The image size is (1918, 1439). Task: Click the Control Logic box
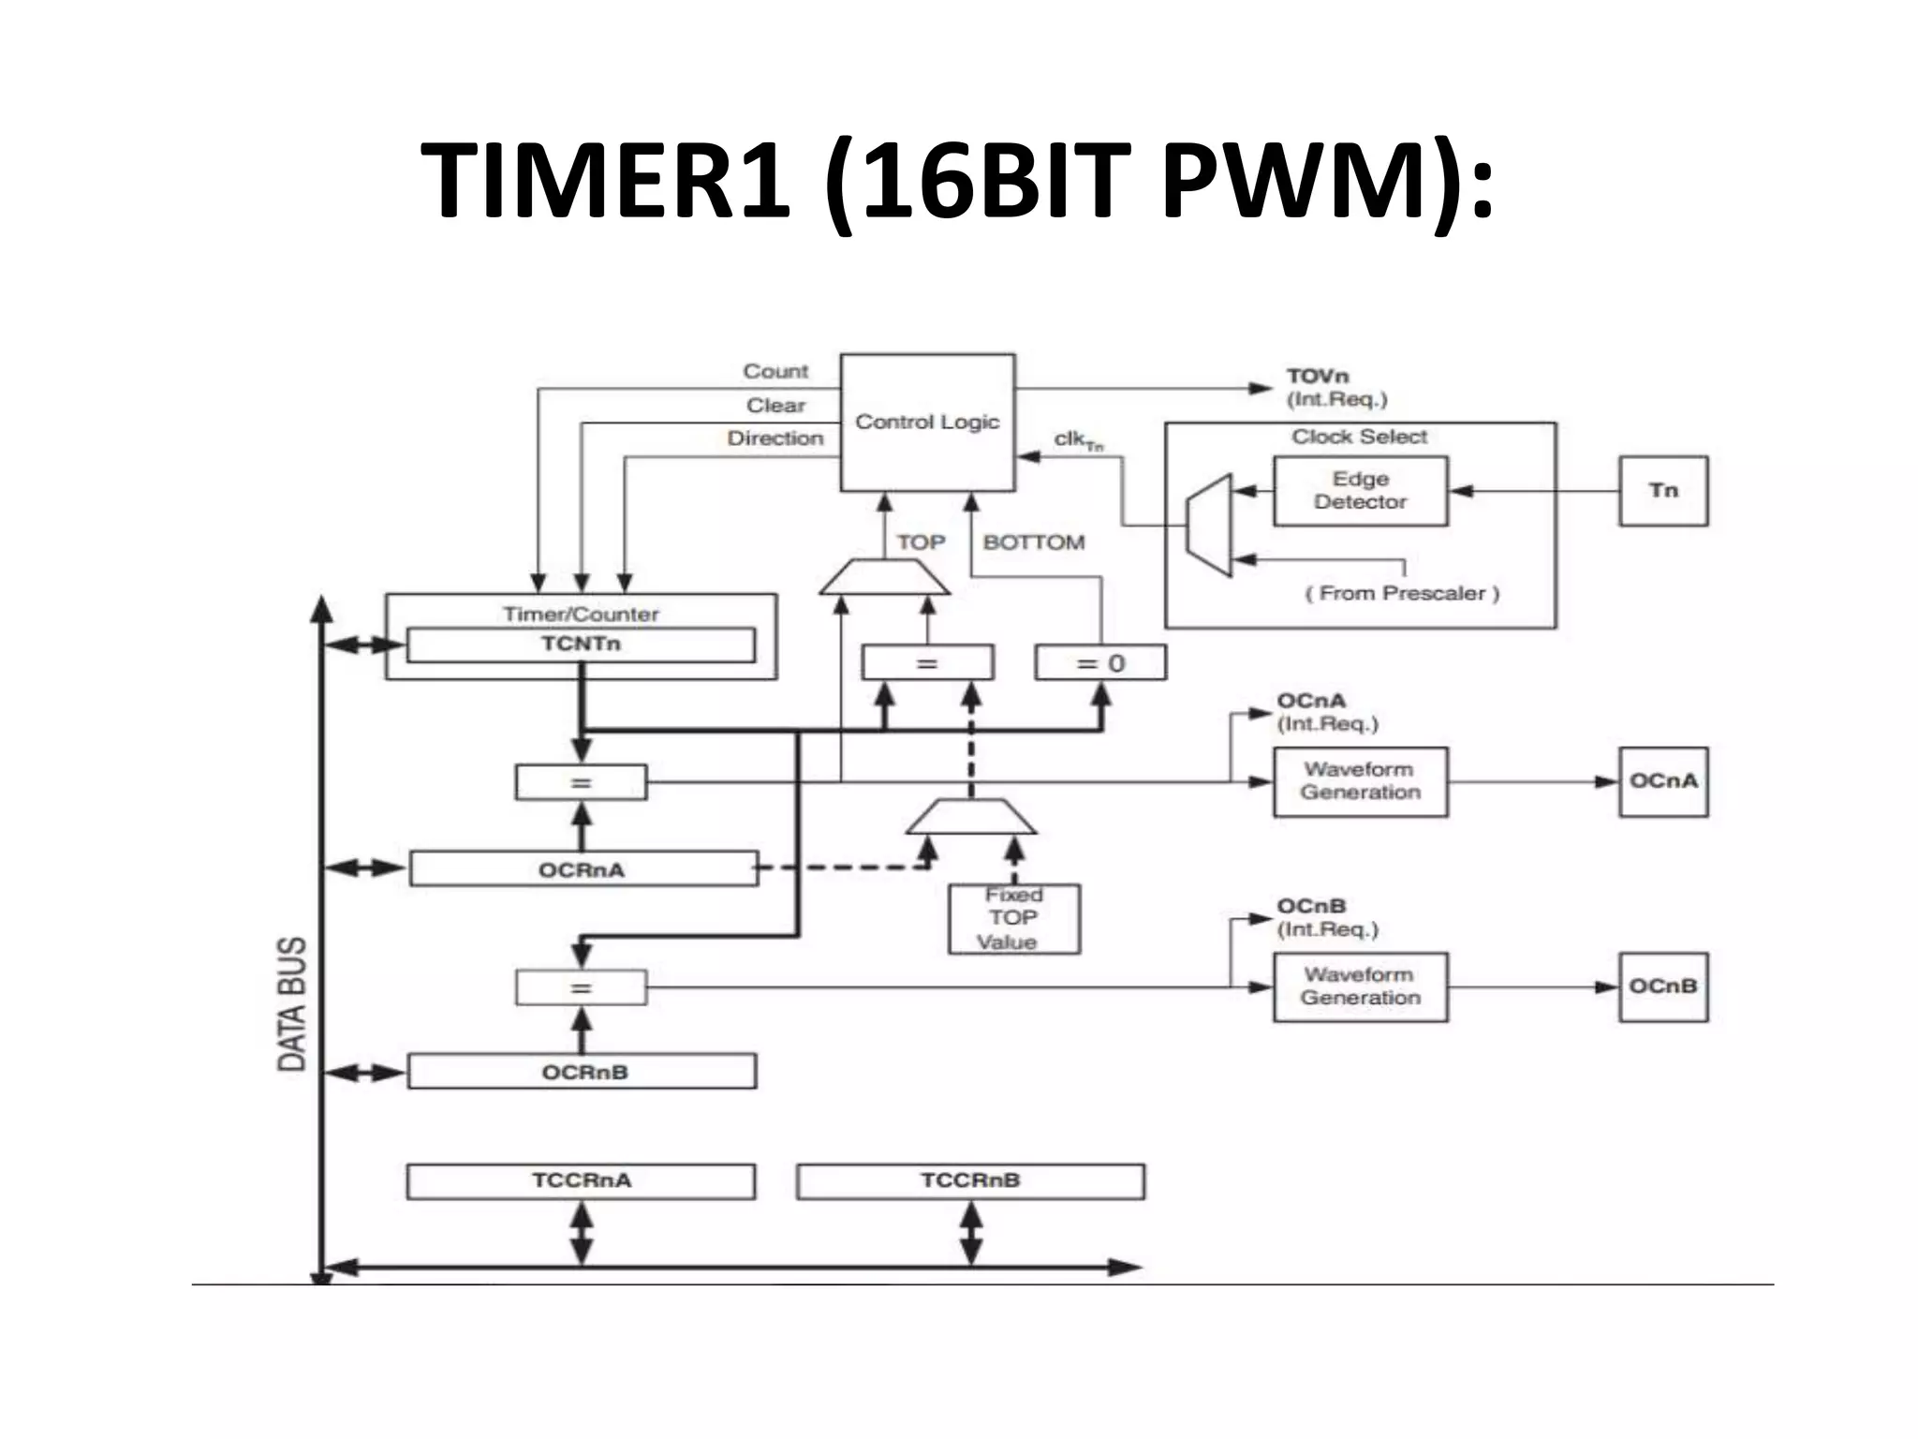pyautogui.click(x=927, y=423)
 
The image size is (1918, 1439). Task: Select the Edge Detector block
pyautogui.click(x=1360, y=491)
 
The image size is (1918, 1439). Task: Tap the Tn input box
pyautogui.click(x=1663, y=491)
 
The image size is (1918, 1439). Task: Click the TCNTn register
pyautogui.click(x=581, y=645)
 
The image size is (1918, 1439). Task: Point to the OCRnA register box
pyautogui.click(x=583, y=869)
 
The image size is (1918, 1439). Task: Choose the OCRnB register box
pyautogui.click(x=583, y=1072)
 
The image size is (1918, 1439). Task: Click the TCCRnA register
pyautogui.click(x=581, y=1180)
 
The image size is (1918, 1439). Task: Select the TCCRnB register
pyautogui.click(x=970, y=1180)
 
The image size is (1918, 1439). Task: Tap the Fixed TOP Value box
pyautogui.click(x=1013, y=919)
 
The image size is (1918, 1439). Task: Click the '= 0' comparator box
pyautogui.click(x=1100, y=663)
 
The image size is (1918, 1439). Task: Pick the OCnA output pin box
pyautogui.click(x=1663, y=781)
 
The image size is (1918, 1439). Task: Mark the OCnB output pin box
pyautogui.click(x=1663, y=987)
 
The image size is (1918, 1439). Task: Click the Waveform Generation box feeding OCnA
pyautogui.click(x=1360, y=781)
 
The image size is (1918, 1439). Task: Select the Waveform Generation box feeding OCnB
pyautogui.click(x=1360, y=987)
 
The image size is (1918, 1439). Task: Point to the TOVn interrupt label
pyautogui.click(x=1318, y=377)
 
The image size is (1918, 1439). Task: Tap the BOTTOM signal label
pyautogui.click(x=1034, y=542)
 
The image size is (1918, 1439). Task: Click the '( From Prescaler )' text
pyautogui.click(x=1402, y=593)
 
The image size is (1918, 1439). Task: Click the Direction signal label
pyautogui.click(x=775, y=438)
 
